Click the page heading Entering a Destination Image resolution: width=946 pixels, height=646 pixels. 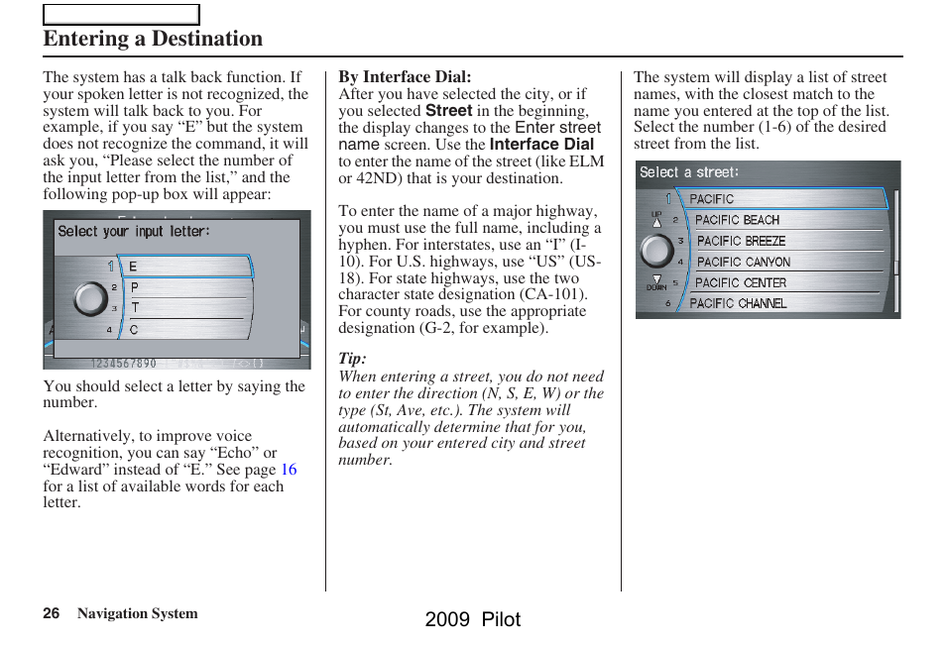click(153, 39)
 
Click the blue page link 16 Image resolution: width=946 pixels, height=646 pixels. click(288, 470)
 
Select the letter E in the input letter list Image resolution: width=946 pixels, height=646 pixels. click(133, 267)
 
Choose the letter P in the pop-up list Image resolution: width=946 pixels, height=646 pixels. click(135, 287)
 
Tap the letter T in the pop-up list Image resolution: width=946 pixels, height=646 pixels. click(135, 308)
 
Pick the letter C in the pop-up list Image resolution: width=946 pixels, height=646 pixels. click(134, 329)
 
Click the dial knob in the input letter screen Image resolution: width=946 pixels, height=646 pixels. click(90, 298)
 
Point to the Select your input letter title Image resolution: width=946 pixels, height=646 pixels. click(134, 232)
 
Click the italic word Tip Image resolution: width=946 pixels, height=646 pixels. click(352, 359)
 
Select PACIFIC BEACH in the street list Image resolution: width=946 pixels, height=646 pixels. click(737, 220)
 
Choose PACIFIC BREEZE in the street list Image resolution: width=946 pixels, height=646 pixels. click(741, 241)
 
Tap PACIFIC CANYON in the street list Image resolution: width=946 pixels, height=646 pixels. click(744, 262)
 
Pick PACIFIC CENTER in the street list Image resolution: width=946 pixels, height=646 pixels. click(741, 282)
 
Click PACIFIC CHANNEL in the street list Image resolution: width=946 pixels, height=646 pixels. click(738, 303)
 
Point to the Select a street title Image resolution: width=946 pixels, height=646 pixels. click(689, 172)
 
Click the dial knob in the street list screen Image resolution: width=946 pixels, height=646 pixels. click(656, 251)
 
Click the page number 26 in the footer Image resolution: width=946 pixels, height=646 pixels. click(52, 613)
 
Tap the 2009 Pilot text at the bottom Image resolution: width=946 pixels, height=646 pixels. click(472, 619)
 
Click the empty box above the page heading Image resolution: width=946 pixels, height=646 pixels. click(121, 14)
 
